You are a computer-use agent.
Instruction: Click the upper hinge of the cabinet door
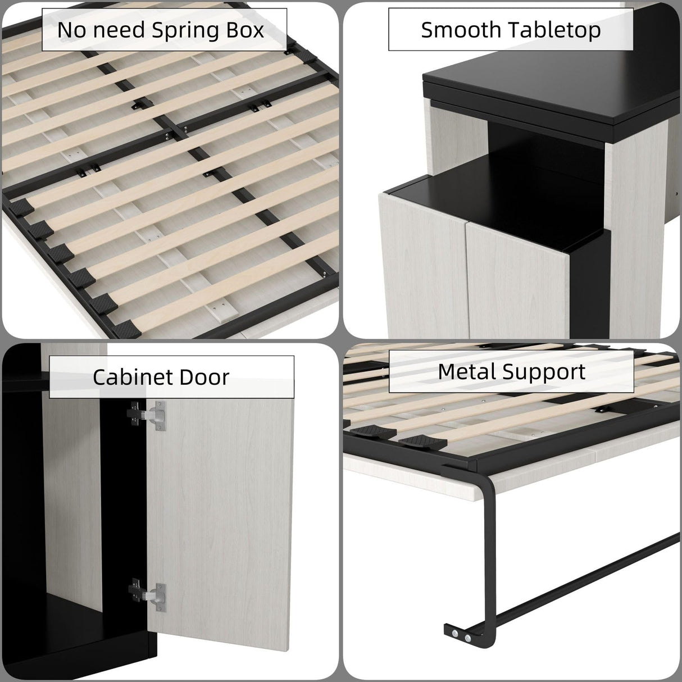pos(147,415)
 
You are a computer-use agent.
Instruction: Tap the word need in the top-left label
pos(120,30)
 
